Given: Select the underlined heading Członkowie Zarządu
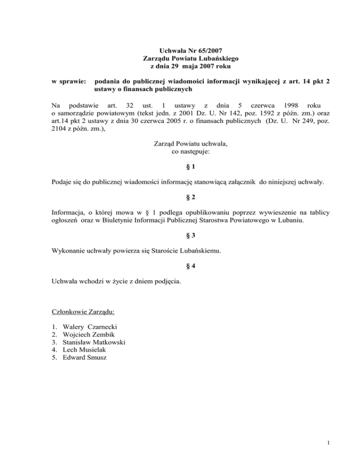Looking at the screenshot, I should (77, 311).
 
